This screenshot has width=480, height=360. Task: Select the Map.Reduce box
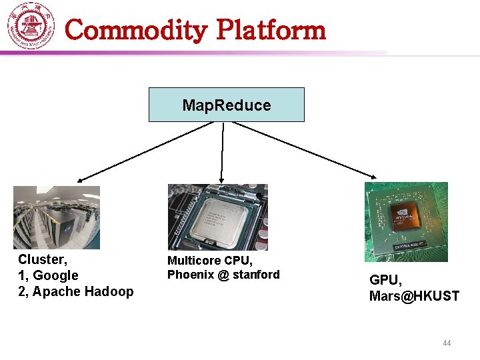tap(226, 105)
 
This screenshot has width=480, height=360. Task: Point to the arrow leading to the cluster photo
tap(133, 153)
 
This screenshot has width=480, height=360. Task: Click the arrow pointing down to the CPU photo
tap(223, 153)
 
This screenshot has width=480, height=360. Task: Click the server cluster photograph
tap(57, 217)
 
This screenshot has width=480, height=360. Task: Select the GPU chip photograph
tap(406, 222)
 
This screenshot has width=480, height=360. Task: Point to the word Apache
tap(55, 291)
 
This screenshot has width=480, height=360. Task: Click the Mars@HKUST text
tap(414, 296)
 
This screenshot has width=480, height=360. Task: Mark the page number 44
tap(447, 343)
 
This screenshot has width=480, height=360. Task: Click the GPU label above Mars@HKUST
tap(384, 280)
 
